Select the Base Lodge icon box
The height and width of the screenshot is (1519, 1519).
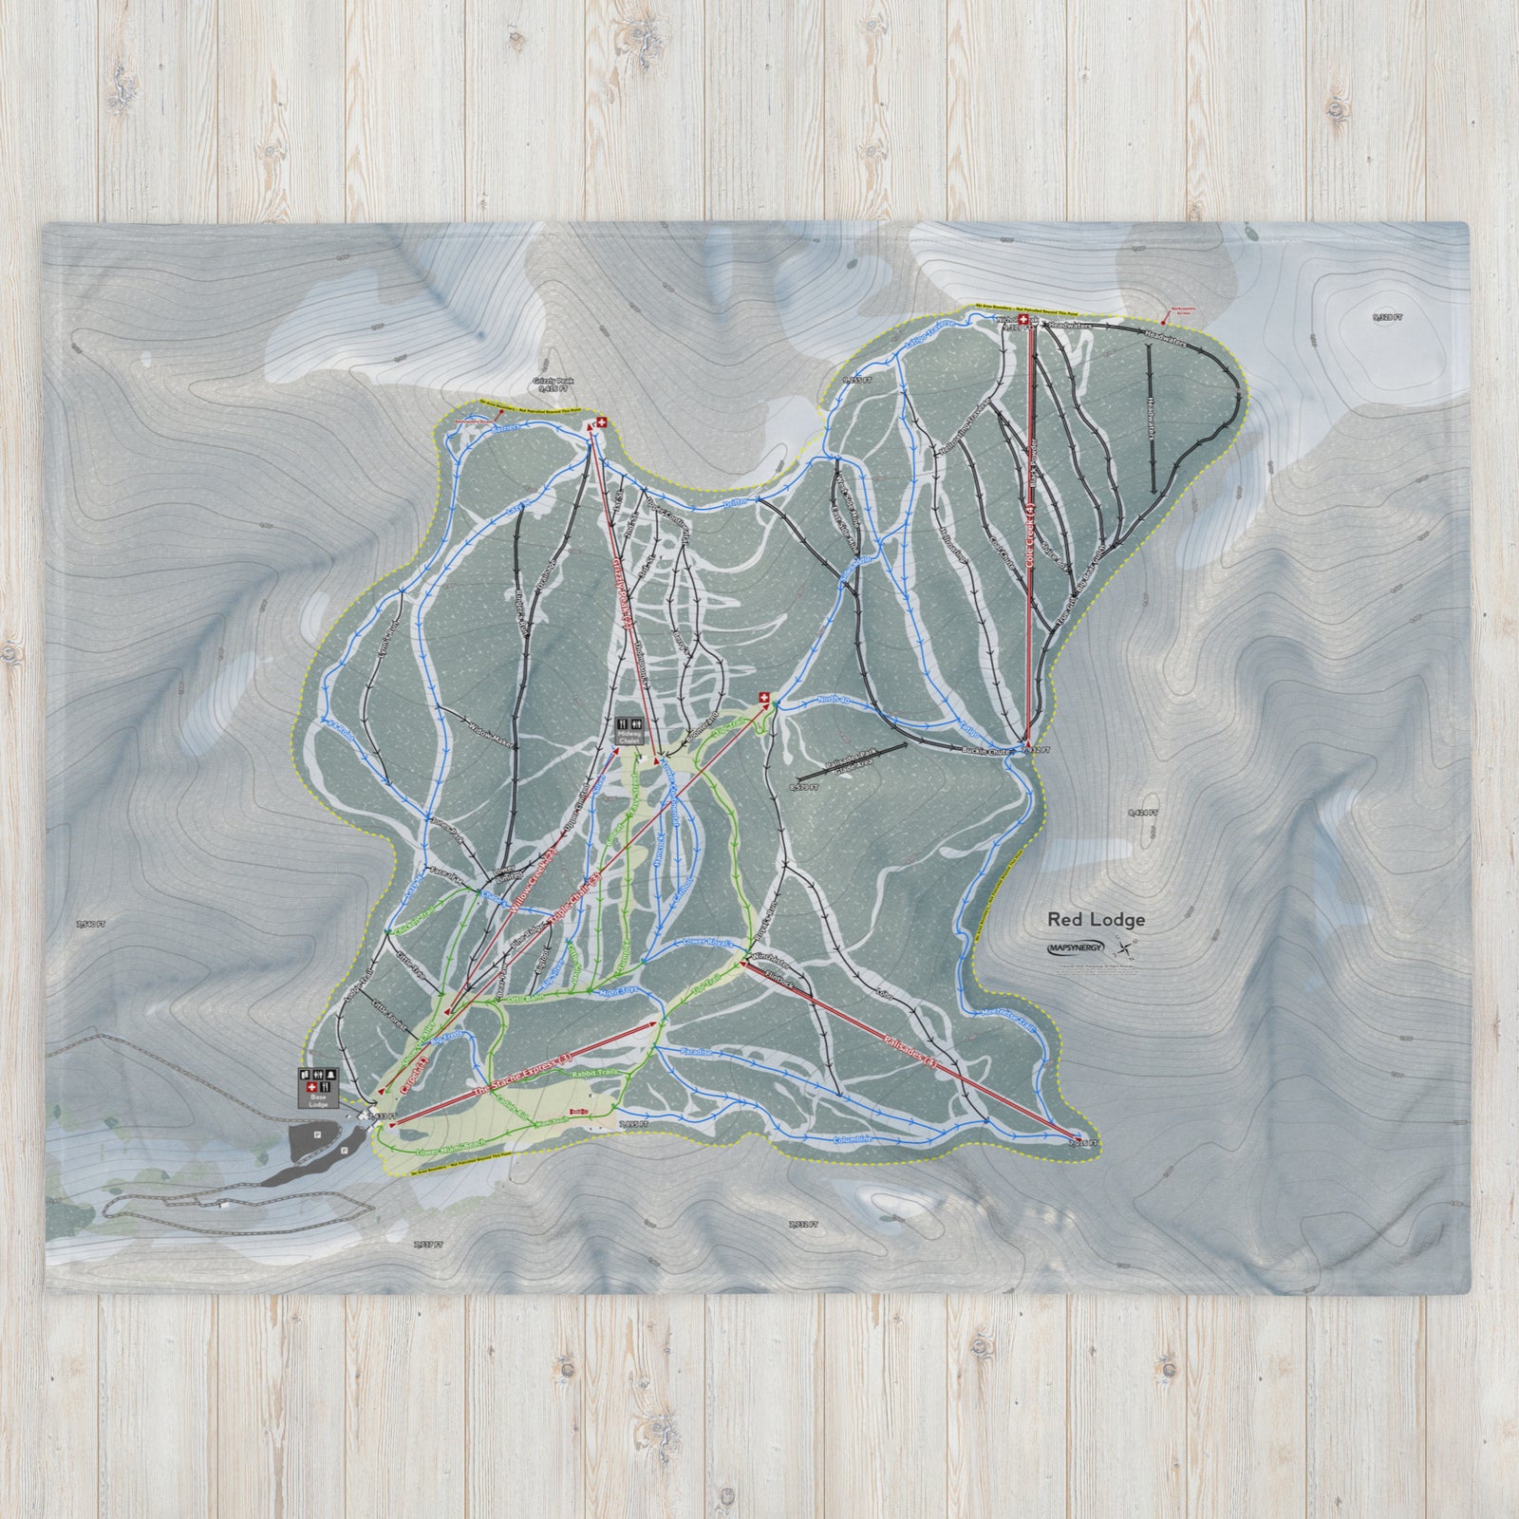click(316, 1087)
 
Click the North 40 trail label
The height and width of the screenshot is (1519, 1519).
click(835, 703)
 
